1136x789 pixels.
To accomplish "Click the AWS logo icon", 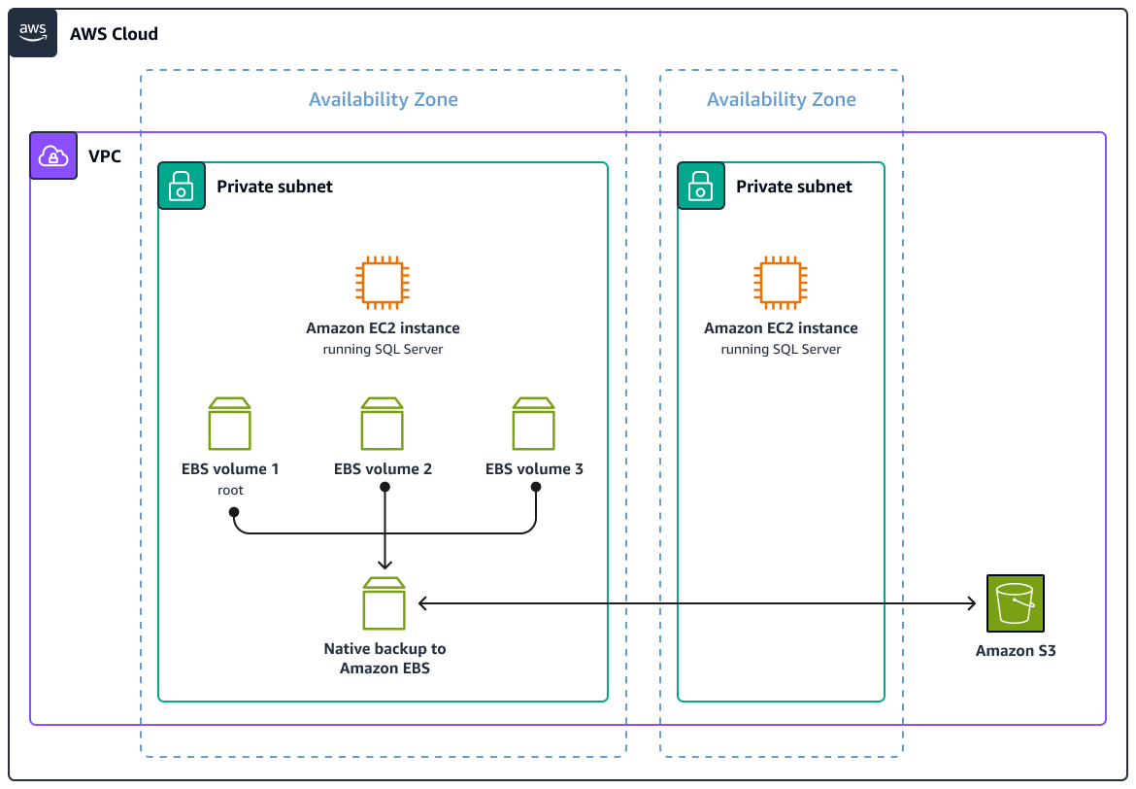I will (33, 33).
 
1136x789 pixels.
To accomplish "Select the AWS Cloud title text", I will (114, 34).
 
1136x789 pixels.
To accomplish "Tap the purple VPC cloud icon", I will (53, 155).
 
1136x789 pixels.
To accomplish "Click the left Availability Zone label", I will (383, 99).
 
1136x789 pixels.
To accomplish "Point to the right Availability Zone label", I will (781, 99).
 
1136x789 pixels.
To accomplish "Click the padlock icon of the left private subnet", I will (182, 186).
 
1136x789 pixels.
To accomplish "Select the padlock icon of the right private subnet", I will (701, 186).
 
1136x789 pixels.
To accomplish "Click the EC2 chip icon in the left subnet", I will (383, 283).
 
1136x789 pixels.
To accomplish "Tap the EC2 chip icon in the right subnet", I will (781, 283).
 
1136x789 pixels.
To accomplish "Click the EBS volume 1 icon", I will (230, 424).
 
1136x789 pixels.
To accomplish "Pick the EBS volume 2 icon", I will (383, 424).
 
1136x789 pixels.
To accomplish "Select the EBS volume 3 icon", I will (534, 424).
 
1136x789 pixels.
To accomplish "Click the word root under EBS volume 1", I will (230, 490).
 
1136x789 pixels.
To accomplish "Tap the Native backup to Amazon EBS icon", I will (384, 603).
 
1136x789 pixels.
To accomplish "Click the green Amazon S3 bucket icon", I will (1015, 603).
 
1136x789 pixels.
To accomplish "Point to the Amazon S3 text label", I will (1015, 651).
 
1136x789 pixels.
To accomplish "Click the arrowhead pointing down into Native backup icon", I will (385, 565).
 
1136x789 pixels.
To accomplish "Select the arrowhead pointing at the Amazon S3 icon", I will (972, 603).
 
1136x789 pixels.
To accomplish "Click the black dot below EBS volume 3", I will (535, 489).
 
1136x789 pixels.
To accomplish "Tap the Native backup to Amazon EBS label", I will (384, 658).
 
